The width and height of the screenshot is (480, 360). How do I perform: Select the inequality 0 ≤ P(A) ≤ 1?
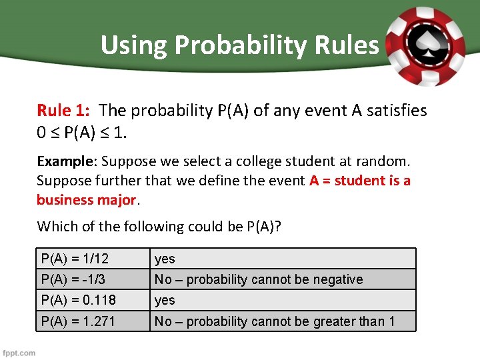coord(82,132)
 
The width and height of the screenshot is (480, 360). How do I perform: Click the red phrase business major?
coord(86,200)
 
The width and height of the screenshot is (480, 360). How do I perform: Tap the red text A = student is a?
coord(360,181)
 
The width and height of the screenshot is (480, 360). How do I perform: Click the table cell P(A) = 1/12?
coord(75,259)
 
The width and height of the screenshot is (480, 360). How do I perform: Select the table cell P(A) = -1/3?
coord(73,279)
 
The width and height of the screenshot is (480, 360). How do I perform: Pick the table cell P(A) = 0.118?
coord(78,300)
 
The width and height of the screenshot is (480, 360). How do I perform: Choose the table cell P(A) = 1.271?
coord(78,321)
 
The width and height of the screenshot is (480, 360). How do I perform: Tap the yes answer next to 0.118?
coord(165,301)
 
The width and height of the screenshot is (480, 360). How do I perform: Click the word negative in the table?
coord(337,279)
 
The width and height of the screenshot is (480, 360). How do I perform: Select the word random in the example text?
coord(385,161)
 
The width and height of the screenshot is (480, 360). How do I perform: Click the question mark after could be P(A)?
coord(278,227)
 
